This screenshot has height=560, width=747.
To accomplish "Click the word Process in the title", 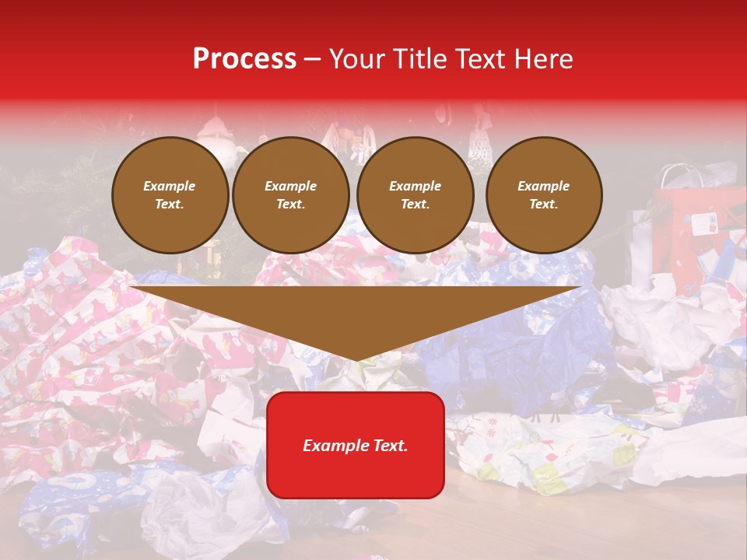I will pyautogui.click(x=244, y=59).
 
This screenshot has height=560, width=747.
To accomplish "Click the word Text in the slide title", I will pyautogui.click(x=482, y=59).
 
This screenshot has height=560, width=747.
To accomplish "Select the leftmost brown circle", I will pyautogui.click(x=170, y=195).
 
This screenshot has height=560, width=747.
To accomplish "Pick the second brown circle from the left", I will pyautogui.click(x=291, y=195).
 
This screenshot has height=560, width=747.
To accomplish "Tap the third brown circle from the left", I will pyautogui.click(x=416, y=195).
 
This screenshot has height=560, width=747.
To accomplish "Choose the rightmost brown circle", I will pyautogui.click(x=544, y=195).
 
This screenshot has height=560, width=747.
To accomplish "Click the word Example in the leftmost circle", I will pyautogui.click(x=170, y=187).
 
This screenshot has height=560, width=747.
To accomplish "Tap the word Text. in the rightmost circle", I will pyautogui.click(x=544, y=205).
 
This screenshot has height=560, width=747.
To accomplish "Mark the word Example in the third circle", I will pyautogui.click(x=416, y=187).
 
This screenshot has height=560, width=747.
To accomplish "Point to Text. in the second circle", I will pyautogui.click(x=291, y=205).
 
